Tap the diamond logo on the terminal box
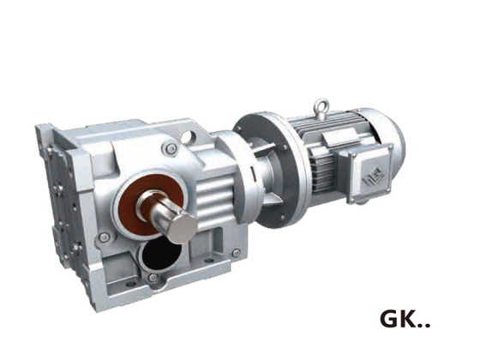(x=373, y=177)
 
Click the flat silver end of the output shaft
(x=183, y=227)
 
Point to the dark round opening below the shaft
(x=161, y=254)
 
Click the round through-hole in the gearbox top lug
(x=187, y=137)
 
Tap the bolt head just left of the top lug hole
(x=171, y=149)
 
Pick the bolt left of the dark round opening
(x=104, y=237)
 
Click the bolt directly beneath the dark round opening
(x=153, y=278)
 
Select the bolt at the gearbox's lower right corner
(x=236, y=253)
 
